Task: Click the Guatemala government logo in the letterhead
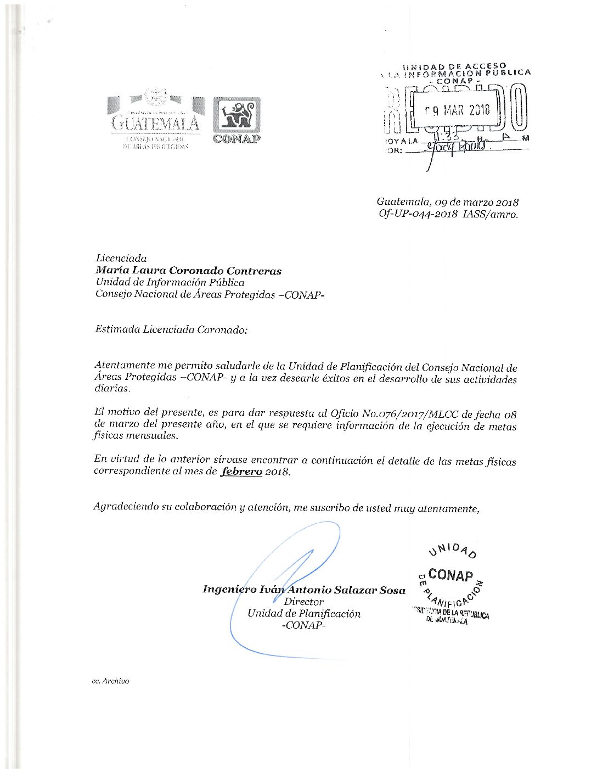(x=155, y=119)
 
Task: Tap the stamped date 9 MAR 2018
(x=458, y=110)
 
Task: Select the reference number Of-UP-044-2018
(x=418, y=215)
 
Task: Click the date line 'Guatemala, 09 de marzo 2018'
(x=447, y=203)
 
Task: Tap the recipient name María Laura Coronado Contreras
(x=188, y=271)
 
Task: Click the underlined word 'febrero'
(x=241, y=472)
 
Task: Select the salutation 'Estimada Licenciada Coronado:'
(x=171, y=330)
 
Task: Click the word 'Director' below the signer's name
(x=303, y=602)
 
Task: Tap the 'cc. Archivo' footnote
(x=111, y=681)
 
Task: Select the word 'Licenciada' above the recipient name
(x=121, y=258)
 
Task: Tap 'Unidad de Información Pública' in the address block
(x=170, y=283)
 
